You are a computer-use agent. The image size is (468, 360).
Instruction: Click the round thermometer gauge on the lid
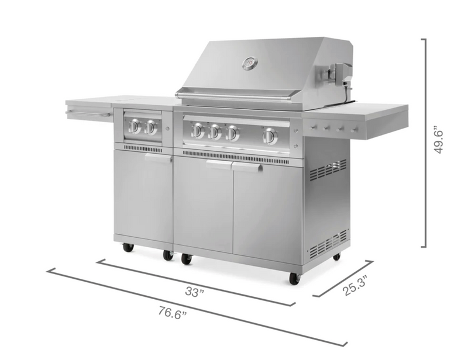coord(250,63)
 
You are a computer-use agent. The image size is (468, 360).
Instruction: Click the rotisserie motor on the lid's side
coord(339,74)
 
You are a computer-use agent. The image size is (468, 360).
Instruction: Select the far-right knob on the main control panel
coord(270,136)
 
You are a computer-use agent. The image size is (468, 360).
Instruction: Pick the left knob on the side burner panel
coord(135,126)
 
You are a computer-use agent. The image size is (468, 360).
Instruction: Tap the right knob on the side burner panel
coord(151,127)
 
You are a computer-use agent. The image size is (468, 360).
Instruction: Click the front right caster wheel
coord(294,279)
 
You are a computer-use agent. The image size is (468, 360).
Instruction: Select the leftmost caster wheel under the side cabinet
coord(128,247)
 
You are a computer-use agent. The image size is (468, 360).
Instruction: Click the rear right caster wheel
coord(336,256)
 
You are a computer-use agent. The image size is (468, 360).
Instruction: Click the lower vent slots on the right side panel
coord(328,244)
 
